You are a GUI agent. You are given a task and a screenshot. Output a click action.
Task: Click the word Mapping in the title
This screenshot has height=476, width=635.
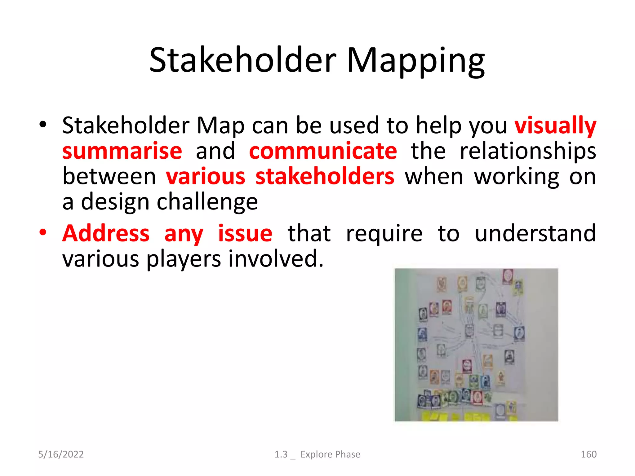point(415,60)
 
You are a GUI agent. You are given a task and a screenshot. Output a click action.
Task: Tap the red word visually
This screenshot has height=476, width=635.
point(555,126)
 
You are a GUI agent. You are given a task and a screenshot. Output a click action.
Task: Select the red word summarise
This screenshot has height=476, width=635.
point(122,151)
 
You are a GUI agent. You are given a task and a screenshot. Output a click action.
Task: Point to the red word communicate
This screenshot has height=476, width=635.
point(323,151)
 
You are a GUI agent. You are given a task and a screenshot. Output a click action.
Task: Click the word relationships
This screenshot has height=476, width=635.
point(528,151)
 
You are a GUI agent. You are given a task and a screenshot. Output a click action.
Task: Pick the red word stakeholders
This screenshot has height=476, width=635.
point(325,177)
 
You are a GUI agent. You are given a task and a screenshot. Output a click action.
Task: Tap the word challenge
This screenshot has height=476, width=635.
point(207,202)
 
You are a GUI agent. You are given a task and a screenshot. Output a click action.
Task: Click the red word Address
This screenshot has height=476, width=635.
point(106,233)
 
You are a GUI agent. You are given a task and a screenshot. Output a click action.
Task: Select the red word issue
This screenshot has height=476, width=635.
point(245,233)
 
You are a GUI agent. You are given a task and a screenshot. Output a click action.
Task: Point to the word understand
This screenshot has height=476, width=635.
point(535,233)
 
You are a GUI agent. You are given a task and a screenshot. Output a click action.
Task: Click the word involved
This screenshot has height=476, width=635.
point(276,259)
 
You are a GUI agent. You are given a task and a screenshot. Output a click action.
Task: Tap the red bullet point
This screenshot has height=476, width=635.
point(43,232)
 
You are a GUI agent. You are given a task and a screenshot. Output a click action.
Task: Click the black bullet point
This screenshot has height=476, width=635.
point(43,125)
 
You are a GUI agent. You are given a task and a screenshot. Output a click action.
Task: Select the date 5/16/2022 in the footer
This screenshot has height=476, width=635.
point(61,454)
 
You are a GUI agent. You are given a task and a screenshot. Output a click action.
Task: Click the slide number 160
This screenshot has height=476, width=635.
point(588,454)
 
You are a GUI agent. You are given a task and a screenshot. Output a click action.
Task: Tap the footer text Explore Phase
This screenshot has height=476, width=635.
point(330,454)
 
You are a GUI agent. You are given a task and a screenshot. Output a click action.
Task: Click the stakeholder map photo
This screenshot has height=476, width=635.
point(476,345)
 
